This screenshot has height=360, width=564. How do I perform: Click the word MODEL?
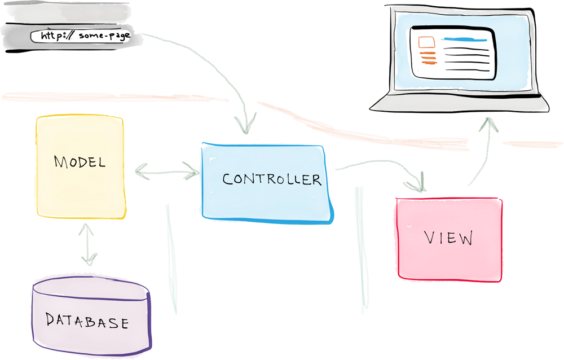click(80, 163)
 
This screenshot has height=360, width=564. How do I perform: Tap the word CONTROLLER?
click(271, 179)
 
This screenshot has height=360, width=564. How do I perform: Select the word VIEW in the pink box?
click(448, 238)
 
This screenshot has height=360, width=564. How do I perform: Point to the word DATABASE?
click(87, 322)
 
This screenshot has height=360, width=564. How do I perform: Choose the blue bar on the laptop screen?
click(462, 39)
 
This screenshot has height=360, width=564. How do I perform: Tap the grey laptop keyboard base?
click(460, 102)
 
